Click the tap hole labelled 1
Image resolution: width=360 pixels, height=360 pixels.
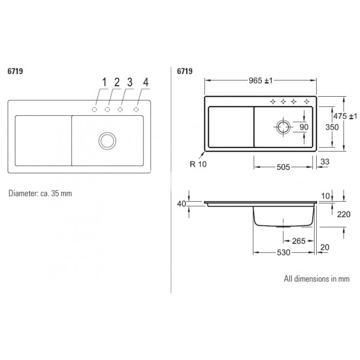tap(94, 110)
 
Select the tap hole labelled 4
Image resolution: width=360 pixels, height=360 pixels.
tap(136, 110)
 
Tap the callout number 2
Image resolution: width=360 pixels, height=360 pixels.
tap(117, 82)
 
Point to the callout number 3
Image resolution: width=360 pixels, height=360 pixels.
tap(130, 82)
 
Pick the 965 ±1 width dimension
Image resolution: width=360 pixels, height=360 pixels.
tap(261, 81)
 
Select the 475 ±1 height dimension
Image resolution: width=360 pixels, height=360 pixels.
tap(345, 116)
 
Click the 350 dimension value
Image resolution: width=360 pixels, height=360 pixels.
tap(332, 127)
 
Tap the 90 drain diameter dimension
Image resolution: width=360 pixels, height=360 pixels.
tap(304, 127)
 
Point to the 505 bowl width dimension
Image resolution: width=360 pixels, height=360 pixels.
tap(283, 167)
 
